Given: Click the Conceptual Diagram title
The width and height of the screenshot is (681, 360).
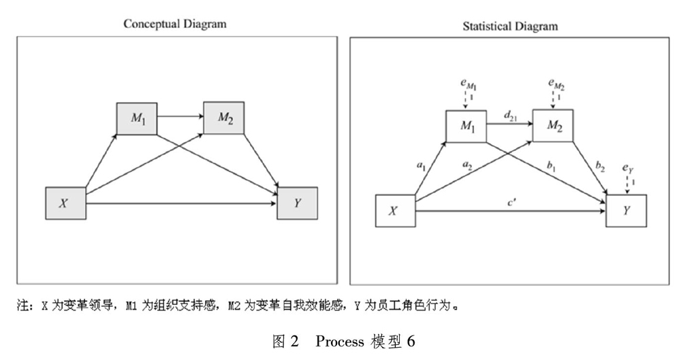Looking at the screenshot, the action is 174,24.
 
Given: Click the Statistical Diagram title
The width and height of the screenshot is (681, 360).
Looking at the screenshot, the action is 510,27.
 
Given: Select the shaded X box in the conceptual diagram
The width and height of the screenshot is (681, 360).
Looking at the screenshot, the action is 66,203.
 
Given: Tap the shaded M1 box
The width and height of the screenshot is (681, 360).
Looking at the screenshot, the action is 137,118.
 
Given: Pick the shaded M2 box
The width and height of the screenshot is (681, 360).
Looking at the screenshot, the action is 224,118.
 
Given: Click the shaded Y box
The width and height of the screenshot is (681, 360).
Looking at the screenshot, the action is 298,203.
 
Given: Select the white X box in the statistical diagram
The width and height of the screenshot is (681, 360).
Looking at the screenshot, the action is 395,211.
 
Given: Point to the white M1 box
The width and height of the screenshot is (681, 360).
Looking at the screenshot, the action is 466,127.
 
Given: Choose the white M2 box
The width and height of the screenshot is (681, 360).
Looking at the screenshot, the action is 553,126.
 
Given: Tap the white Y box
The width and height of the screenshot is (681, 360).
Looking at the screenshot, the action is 627,210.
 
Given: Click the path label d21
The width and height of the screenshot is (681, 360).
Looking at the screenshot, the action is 510,116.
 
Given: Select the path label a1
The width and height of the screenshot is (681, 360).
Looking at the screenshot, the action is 422,165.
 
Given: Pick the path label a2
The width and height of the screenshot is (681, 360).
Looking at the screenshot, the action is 467,165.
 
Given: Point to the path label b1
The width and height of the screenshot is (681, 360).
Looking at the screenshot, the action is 551,165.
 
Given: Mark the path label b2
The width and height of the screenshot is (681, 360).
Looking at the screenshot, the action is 600,166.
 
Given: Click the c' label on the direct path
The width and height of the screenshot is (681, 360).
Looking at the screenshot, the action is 511,202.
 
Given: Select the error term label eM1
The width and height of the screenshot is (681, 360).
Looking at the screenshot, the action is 469,84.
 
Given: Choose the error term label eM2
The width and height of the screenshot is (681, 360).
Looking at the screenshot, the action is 556,84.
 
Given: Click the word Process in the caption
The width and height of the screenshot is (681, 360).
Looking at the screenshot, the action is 340,342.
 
